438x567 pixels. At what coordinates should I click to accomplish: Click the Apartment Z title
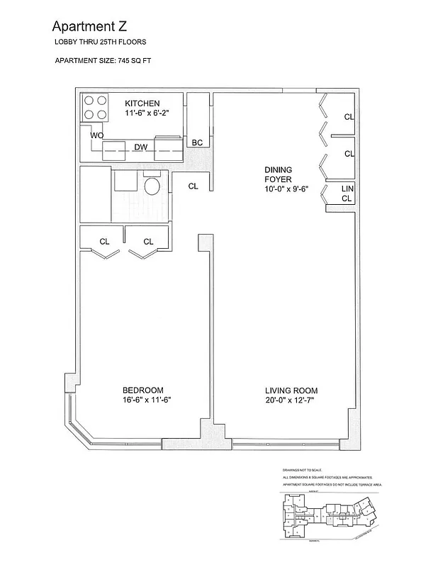click(89, 27)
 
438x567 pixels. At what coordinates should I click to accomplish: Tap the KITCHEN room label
click(142, 103)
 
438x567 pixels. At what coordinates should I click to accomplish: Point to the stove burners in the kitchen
click(96, 107)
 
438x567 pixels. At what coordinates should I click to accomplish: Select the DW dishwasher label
click(141, 147)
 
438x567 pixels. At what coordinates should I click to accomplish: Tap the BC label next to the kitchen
click(197, 142)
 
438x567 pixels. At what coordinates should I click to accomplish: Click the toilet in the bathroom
click(151, 186)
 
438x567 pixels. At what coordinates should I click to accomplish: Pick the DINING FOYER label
click(278, 174)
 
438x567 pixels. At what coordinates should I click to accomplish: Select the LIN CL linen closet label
click(347, 193)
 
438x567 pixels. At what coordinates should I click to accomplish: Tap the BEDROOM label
click(142, 390)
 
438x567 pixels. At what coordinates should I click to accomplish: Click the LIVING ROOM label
click(291, 391)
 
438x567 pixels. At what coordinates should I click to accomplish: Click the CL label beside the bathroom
click(193, 186)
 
